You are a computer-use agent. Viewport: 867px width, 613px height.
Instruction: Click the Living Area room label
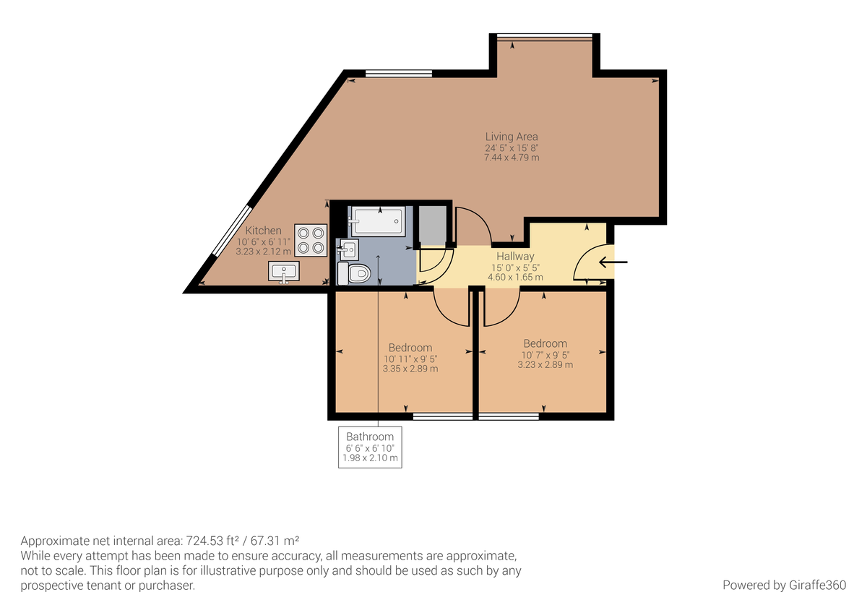[x=511, y=137]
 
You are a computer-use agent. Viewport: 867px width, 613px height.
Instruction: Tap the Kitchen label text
[x=263, y=231]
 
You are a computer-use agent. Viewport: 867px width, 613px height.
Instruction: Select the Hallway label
[x=515, y=257]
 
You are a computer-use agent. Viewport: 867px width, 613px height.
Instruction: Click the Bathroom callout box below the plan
[x=370, y=447]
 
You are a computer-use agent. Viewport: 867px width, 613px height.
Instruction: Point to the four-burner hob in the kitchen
[x=311, y=240]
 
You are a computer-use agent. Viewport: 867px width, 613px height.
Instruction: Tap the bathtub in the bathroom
[x=376, y=220]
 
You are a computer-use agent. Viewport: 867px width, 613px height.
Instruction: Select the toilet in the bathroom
[x=355, y=273]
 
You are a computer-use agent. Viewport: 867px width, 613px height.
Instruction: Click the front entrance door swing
[x=590, y=264]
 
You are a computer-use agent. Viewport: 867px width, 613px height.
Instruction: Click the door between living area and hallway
[x=473, y=225]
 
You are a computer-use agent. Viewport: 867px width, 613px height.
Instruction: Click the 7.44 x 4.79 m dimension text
[x=511, y=158]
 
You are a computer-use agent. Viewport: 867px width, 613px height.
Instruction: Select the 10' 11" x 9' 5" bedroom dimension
[x=410, y=359]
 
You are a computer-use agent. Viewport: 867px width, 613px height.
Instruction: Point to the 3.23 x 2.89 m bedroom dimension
[x=545, y=365]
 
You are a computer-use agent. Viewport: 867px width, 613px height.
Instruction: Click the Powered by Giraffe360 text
[x=784, y=585]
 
